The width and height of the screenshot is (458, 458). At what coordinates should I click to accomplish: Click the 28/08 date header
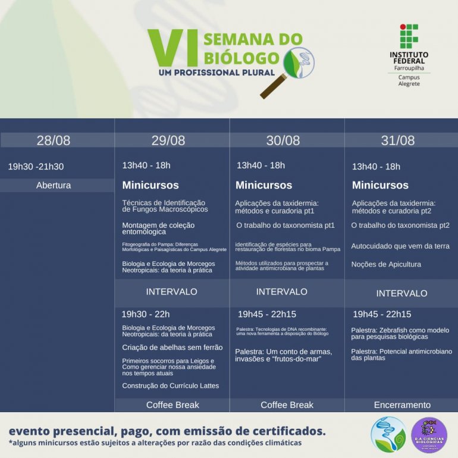tap(54, 140)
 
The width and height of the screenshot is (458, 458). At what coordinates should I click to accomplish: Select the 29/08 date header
tap(168, 140)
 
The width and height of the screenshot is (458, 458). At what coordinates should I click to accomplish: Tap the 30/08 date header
tap(283, 140)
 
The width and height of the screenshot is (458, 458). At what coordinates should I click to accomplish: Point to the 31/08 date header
tap(398, 140)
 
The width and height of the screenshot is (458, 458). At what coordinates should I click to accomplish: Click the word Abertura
tap(54, 185)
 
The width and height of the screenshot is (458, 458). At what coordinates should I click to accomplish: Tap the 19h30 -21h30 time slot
tap(36, 167)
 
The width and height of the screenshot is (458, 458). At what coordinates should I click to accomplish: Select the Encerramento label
tap(402, 405)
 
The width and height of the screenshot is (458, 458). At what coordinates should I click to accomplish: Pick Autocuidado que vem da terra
tap(400, 246)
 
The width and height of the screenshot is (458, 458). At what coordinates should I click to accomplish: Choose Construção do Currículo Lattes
tap(171, 385)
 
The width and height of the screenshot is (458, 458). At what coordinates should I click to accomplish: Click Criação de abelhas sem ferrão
tap(172, 347)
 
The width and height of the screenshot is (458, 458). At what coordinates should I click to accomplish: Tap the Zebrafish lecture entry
tap(400, 333)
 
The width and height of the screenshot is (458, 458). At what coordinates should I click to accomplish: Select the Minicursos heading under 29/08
tap(150, 185)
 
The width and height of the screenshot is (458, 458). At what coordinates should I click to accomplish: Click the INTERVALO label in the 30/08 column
tap(282, 291)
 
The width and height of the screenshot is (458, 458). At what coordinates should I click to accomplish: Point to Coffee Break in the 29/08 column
tap(172, 405)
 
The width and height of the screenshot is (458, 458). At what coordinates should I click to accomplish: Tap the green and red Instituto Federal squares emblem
tap(409, 36)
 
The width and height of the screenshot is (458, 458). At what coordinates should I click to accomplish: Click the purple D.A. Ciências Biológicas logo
tap(429, 435)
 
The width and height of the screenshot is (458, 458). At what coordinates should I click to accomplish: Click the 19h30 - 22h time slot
tap(146, 314)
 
